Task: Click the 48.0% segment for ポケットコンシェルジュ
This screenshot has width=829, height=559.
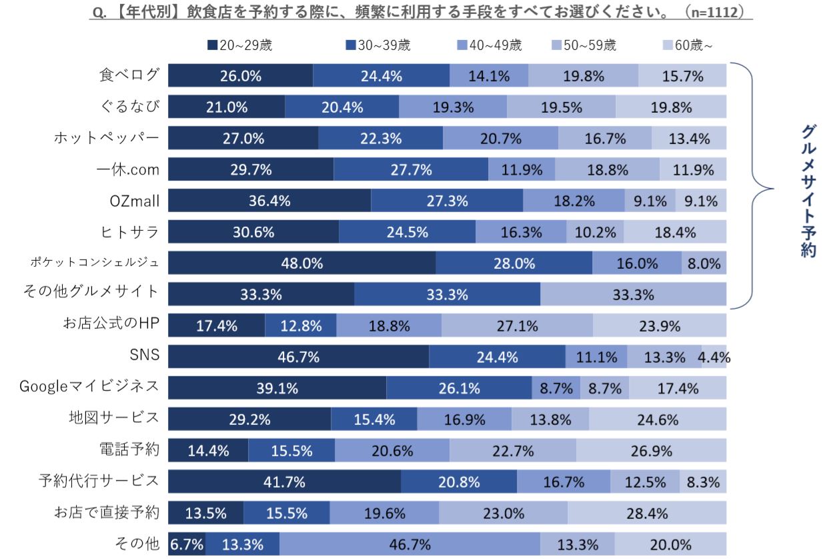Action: click(301, 263)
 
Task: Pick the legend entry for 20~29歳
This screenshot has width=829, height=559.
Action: click(240, 45)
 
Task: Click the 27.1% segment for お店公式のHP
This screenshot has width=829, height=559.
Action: click(517, 326)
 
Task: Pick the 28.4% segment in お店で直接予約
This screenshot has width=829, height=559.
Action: click(647, 514)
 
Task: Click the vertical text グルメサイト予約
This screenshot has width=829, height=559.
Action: click(808, 190)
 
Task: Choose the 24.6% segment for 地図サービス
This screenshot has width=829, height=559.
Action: click(658, 420)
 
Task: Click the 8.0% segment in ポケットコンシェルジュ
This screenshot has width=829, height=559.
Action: click(704, 263)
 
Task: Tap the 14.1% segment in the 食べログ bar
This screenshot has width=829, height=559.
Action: click(489, 76)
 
